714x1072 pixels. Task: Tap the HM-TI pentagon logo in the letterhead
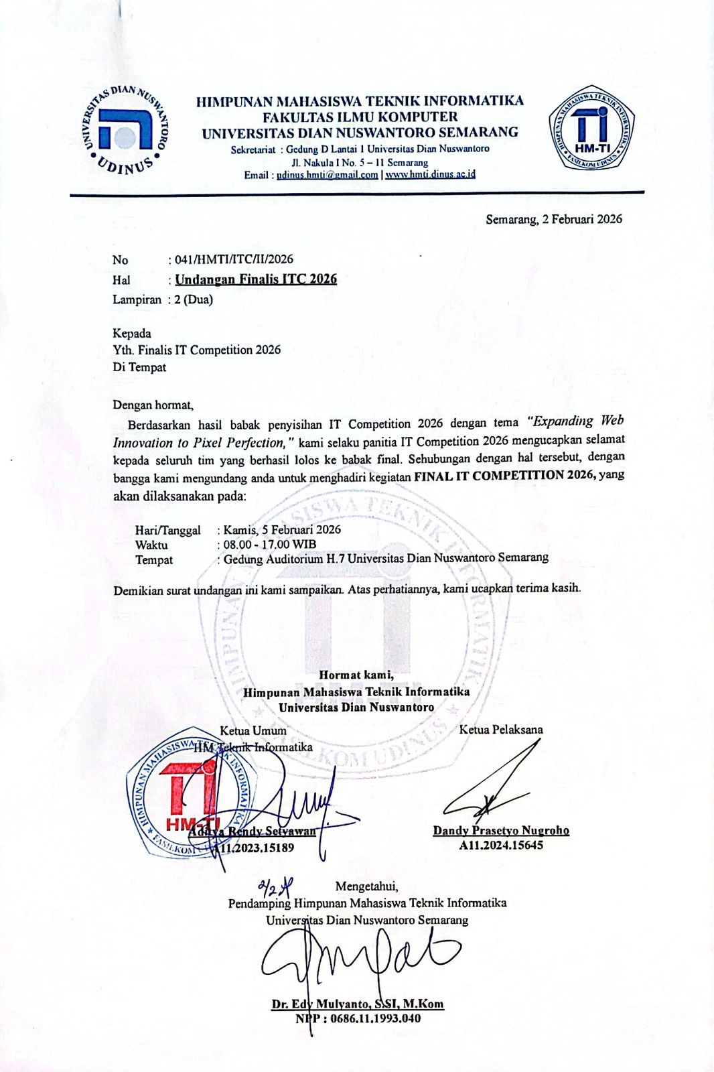click(x=591, y=128)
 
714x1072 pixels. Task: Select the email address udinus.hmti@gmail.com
click(x=328, y=175)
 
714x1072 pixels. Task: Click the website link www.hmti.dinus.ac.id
click(x=430, y=174)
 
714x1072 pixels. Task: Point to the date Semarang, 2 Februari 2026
click(x=554, y=219)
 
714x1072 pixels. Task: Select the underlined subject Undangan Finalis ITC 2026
click(x=256, y=279)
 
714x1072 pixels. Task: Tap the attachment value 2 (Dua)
click(x=194, y=299)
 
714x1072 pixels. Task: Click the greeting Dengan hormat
click(x=153, y=405)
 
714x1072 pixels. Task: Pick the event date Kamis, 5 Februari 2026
click(x=282, y=529)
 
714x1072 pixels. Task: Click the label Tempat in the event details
click(x=154, y=559)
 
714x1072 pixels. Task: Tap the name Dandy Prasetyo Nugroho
click(x=501, y=831)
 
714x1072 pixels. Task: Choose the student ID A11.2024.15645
click(x=501, y=846)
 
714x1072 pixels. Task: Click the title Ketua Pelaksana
click(x=501, y=730)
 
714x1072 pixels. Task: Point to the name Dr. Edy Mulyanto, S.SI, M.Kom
click(x=358, y=1004)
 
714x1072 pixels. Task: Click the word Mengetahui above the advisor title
click(x=366, y=886)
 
